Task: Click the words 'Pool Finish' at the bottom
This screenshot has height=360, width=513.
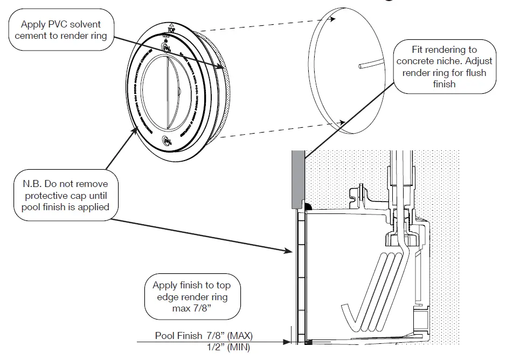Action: (178, 336)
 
